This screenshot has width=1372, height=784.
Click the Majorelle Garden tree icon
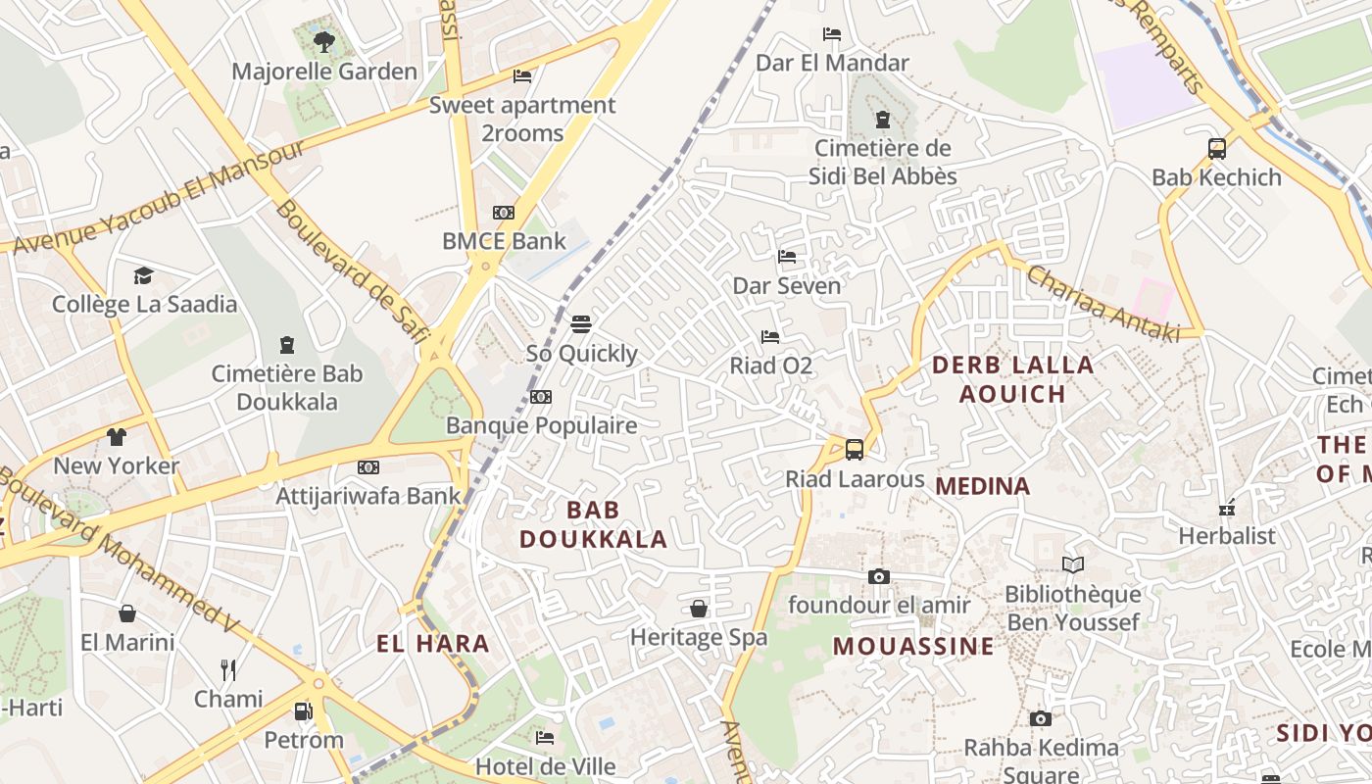pos(324,41)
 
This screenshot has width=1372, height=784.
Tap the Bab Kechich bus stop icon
pos(1217,149)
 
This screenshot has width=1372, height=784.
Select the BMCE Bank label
pos(504,241)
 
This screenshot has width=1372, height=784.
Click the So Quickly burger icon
pos(581,323)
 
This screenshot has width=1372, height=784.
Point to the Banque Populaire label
pos(541,425)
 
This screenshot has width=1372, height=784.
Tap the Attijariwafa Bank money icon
pos(368,467)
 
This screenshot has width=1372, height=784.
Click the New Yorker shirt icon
pos(117,436)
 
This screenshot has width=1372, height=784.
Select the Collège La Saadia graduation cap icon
pos(144,275)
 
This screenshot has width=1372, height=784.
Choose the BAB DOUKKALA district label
pos(593,524)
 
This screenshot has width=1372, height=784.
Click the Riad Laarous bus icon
pos(855,450)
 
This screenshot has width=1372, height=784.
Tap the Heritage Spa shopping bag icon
pos(699,609)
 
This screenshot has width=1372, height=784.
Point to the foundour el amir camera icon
pos(879,576)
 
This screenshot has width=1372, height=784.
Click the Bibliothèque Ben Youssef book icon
pos(1073,564)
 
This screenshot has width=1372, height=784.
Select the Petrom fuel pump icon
pos(304,710)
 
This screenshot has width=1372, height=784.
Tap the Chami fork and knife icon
pos(228,670)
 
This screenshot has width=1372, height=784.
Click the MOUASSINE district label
pos(913,647)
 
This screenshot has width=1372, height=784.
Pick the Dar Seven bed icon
pos(787,257)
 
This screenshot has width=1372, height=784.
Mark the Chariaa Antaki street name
pos(1103,305)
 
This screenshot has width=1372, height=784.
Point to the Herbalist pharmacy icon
pos(1227,508)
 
